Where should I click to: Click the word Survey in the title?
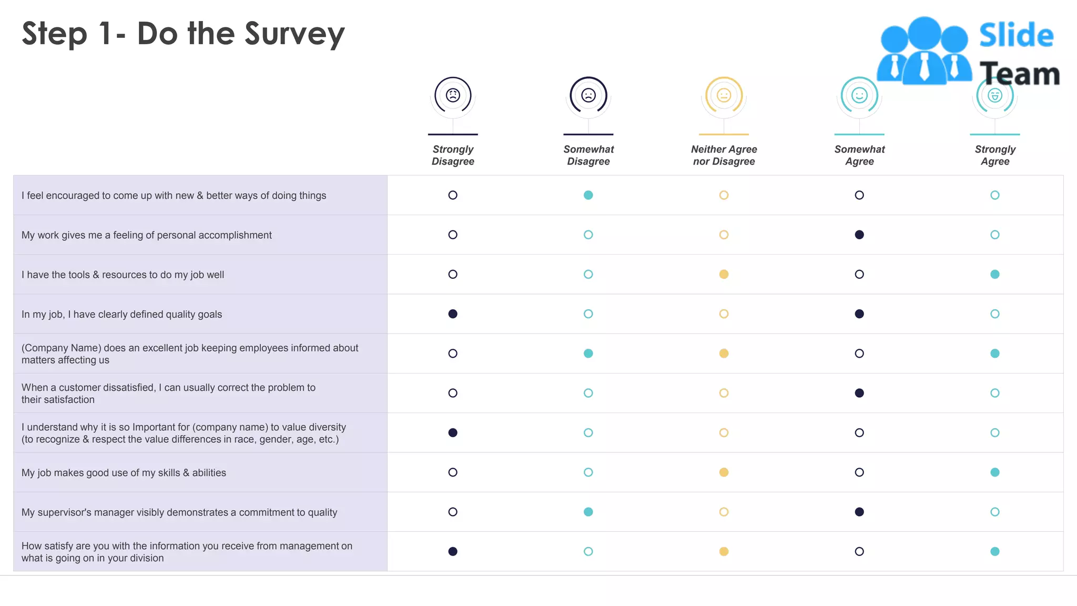[x=294, y=35]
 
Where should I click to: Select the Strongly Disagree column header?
[x=453, y=155]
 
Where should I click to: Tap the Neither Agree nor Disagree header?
[x=724, y=155]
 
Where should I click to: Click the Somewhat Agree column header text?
[x=859, y=155]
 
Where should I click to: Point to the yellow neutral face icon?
[x=724, y=95]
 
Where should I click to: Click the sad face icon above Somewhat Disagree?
[x=588, y=95]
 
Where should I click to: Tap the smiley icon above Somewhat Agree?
[x=859, y=95]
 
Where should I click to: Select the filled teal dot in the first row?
[x=588, y=195]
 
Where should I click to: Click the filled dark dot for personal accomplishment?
[x=859, y=235]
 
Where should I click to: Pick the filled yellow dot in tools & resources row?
[x=724, y=274]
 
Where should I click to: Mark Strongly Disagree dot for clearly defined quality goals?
[x=453, y=314]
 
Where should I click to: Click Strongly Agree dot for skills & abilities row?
[x=995, y=472]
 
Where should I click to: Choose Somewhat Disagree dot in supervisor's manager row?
[x=588, y=512]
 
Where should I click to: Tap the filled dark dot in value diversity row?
[x=453, y=432]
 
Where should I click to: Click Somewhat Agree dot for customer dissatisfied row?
[x=859, y=393]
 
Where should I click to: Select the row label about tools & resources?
[x=123, y=275]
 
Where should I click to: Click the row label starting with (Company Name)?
[x=189, y=353]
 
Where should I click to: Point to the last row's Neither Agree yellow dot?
[x=724, y=551]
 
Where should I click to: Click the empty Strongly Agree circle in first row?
[x=995, y=195]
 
